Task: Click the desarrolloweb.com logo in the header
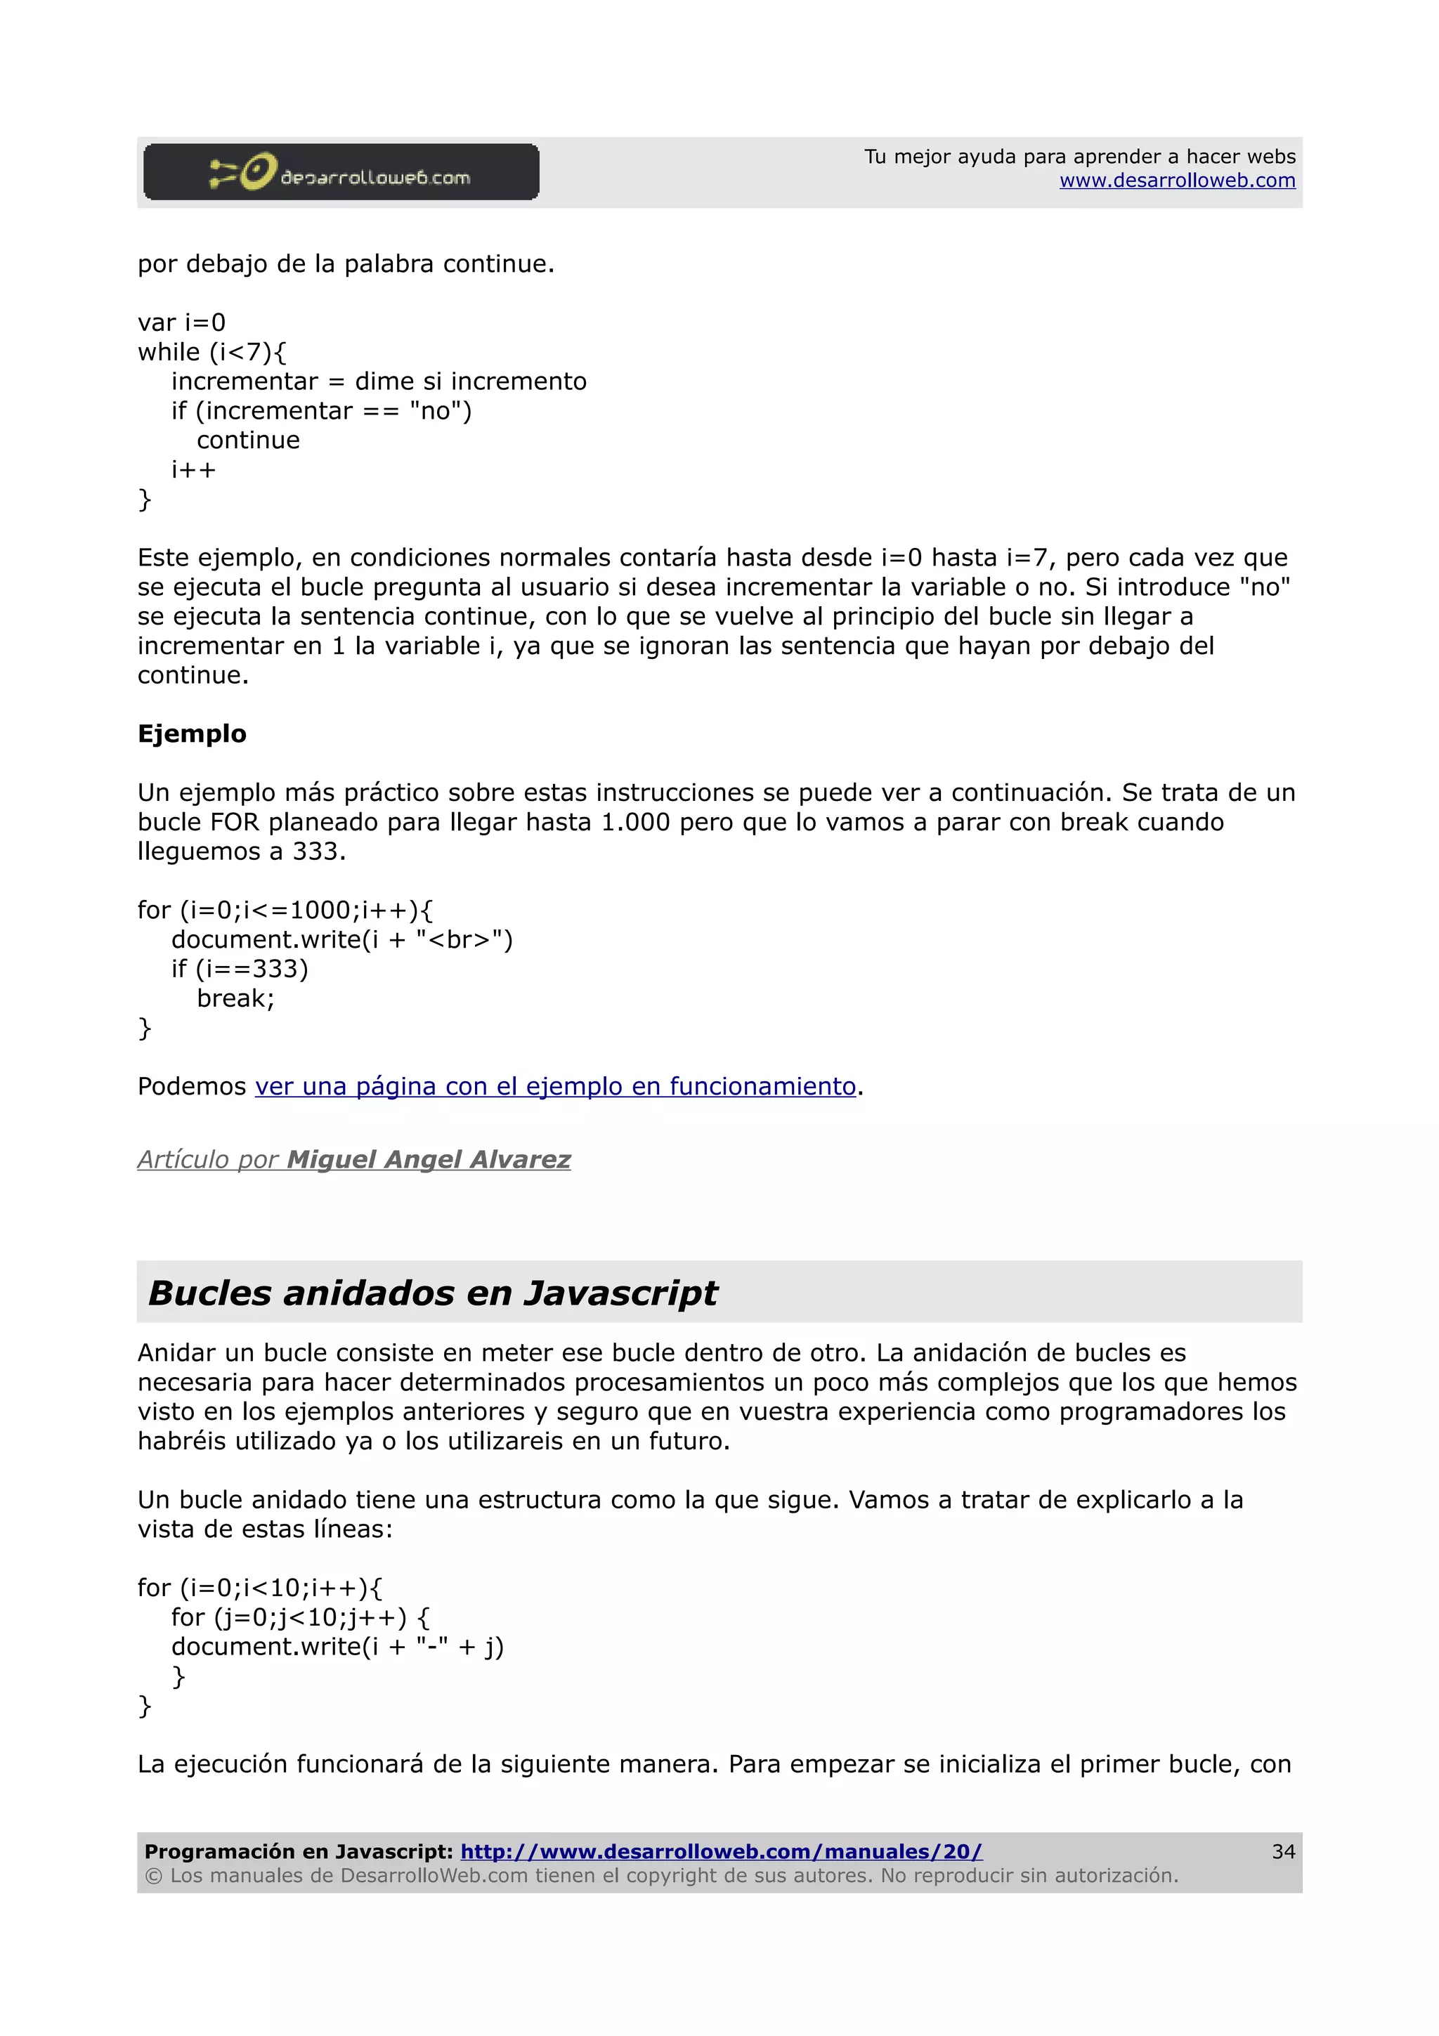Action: click(x=341, y=172)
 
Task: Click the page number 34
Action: click(x=1283, y=1851)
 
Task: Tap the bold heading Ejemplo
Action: click(x=192, y=734)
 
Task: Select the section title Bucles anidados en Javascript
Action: click(x=433, y=1293)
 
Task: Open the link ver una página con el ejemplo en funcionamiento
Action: click(x=555, y=1086)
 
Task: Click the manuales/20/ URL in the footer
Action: click(x=721, y=1851)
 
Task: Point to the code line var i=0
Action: click(x=182, y=322)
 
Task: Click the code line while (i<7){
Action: click(x=212, y=352)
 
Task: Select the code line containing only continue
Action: click(x=248, y=441)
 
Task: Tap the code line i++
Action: click(x=193, y=470)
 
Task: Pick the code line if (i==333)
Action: click(x=240, y=970)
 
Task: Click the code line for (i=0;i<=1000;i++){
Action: click(x=285, y=911)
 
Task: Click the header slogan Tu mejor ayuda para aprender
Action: click(x=1079, y=157)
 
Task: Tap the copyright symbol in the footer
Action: click(x=153, y=1877)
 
